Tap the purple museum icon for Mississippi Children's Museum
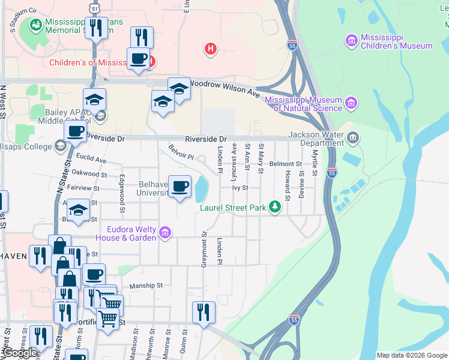(352, 40)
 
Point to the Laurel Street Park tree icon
(275, 207)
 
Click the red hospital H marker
(210, 49)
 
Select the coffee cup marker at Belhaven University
(179, 187)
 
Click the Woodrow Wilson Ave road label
(224, 88)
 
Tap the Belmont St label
(285, 163)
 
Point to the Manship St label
(146, 286)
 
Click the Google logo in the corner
(19, 352)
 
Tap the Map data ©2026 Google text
(412, 355)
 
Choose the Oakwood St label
(89, 174)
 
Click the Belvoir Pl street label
(181, 152)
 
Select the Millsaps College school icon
(60, 145)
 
